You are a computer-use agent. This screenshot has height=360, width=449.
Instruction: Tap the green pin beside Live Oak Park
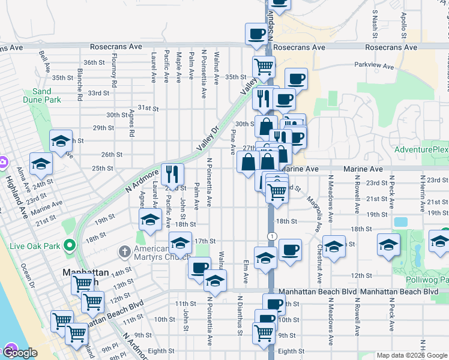[70, 245]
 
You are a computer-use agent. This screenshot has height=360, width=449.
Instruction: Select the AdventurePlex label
[421, 149]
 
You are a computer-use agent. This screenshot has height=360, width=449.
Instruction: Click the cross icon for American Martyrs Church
[124, 251]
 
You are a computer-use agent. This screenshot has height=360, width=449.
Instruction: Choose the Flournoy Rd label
[113, 71]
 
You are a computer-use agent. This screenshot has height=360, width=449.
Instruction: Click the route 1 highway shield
[273, 235]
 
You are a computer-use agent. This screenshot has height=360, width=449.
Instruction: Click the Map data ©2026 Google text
[412, 355]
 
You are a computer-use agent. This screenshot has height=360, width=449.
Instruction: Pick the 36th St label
[94, 62]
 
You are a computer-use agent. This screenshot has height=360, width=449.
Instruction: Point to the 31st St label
[148, 108]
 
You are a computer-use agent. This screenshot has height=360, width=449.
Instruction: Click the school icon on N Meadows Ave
[334, 245]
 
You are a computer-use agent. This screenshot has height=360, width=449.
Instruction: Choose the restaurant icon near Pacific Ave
[172, 174]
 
